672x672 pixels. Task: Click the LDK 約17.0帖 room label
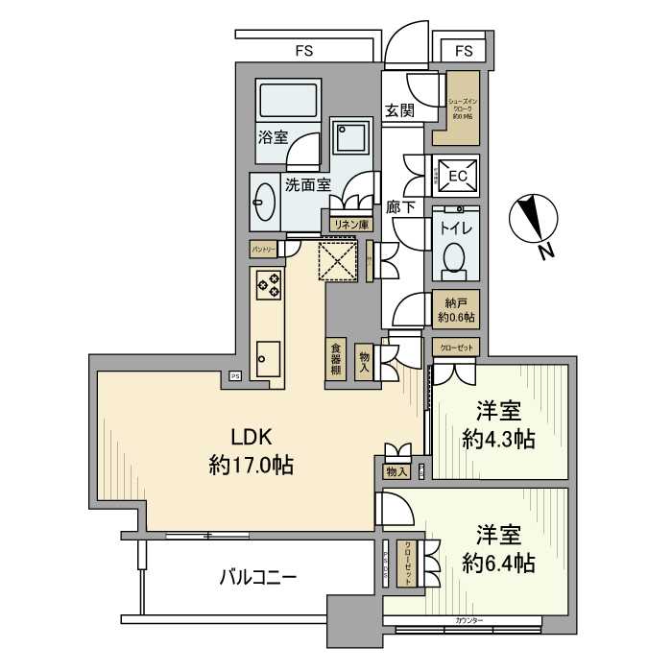(251, 452)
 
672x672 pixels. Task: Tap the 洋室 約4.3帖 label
(498, 426)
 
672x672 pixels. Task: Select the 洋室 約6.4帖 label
(498, 549)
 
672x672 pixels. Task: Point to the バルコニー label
(257, 577)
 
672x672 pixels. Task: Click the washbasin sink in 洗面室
(264, 202)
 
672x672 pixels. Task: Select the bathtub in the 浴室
(288, 101)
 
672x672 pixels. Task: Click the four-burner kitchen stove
(269, 284)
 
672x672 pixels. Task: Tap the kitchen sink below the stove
(268, 360)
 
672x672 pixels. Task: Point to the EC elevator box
(457, 176)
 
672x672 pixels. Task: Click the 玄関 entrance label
(399, 110)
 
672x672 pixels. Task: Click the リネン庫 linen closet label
(350, 224)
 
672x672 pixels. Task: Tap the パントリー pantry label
(264, 249)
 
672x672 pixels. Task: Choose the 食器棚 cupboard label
(336, 359)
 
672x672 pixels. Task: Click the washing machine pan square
(348, 137)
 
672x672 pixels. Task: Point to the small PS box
(234, 375)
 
